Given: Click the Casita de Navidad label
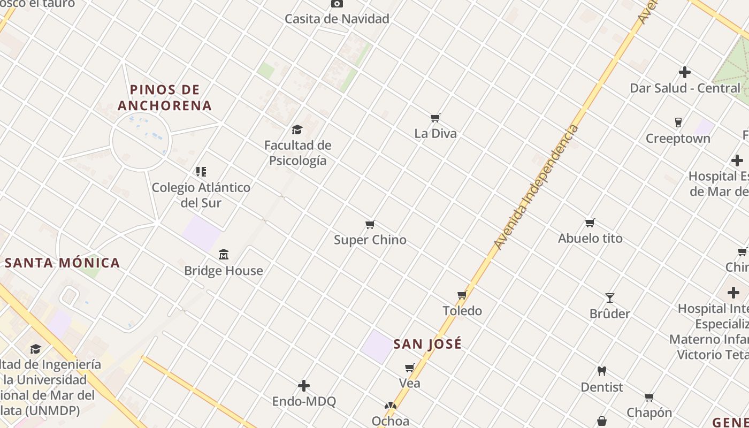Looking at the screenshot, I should click(337, 19).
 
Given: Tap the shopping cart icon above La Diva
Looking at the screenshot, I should click(435, 118).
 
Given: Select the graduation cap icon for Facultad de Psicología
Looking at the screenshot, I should click(297, 129).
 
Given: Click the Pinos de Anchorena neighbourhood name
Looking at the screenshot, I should click(165, 97).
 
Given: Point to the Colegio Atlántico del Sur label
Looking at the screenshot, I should click(201, 195).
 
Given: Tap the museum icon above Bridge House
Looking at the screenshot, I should click(224, 254).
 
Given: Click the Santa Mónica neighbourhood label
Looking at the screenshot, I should click(63, 263).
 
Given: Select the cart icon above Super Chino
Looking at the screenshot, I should click(370, 224).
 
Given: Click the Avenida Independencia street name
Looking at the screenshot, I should click(536, 187).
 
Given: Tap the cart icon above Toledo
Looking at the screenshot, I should click(462, 295).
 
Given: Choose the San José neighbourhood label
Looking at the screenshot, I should click(427, 344).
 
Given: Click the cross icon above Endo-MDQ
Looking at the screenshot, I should click(304, 386).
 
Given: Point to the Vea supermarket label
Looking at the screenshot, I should click(410, 383).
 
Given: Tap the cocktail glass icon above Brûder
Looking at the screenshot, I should click(610, 298).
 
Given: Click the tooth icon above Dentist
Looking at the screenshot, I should click(602, 371).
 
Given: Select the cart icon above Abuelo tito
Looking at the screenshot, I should click(590, 223).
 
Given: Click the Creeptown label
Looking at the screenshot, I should click(678, 139).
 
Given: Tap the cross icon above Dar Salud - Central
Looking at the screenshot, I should click(685, 72).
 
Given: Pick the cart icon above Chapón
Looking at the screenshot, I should click(649, 397).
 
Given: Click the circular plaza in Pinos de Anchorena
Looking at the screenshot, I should click(140, 141).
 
